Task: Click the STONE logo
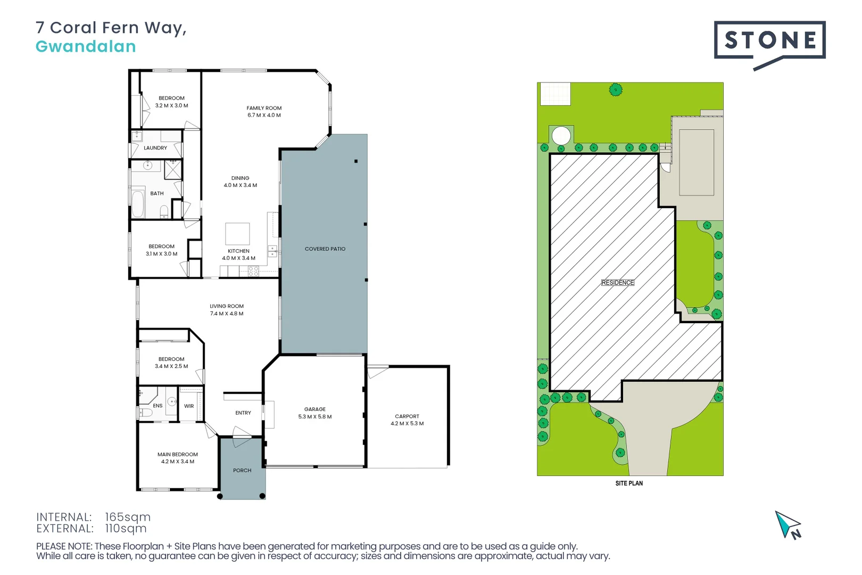pyautogui.click(x=769, y=40)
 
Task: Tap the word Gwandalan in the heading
pyautogui.click(x=86, y=47)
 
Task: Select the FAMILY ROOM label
pyautogui.click(x=264, y=108)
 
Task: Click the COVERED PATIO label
pyautogui.click(x=325, y=249)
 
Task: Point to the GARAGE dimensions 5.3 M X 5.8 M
pyautogui.click(x=314, y=417)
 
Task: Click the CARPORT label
pyautogui.click(x=407, y=416)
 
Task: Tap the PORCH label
pyautogui.click(x=242, y=470)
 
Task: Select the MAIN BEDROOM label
pyautogui.click(x=177, y=454)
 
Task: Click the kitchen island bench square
pyautogui.click(x=237, y=234)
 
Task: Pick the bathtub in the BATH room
pyautogui.click(x=138, y=203)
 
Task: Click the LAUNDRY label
pyautogui.click(x=155, y=148)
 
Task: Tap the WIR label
pyautogui.click(x=189, y=406)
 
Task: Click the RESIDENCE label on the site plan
pyautogui.click(x=617, y=283)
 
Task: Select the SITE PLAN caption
pyautogui.click(x=629, y=483)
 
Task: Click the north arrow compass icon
pyautogui.click(x=788, y=525)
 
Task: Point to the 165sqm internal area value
pyautogui.click(x=128, y=517)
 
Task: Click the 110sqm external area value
pyautogui.click(x=126, y=529)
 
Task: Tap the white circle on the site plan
pyautogui.click(x=561, y=135)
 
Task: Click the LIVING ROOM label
pyautogui.click(x=227, y=306)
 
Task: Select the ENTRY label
pyautogui.click(x=243, y=413)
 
